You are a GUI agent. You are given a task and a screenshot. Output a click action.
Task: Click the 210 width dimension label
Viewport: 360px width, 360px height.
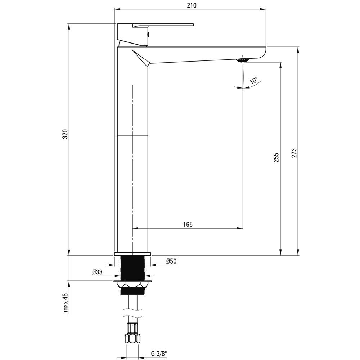(x=192, y=5)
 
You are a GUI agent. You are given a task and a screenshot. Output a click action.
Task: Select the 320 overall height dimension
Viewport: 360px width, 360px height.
(x=66, y=134)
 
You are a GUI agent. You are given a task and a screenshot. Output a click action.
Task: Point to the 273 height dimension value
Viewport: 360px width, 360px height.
(x=294, y=153)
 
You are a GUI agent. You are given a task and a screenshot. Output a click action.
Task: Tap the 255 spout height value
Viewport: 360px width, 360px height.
(x=276, y=158)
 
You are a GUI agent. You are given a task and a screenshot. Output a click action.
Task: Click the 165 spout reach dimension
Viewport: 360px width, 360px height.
(x=188, y=224)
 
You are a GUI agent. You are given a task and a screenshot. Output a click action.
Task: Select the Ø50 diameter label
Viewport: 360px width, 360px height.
(x=171, y=261)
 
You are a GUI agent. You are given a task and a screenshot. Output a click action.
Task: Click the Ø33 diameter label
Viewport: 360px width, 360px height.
(x=97, y=272)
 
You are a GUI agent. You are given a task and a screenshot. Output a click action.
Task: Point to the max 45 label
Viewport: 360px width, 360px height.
(x=66, y=303)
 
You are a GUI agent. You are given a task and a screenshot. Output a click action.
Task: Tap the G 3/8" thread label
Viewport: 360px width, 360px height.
(x=159, y=354)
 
